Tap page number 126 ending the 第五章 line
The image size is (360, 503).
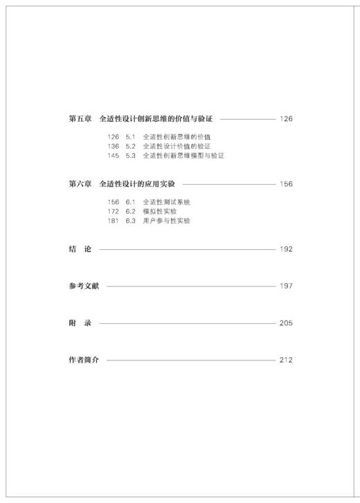coord(286,118)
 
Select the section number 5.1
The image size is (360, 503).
coord(131,137)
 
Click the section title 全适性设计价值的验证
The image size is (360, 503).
coord(177,146)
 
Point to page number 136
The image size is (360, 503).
coord(114,146)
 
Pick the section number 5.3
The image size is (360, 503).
coord(131,156)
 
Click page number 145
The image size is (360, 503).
coord(114,156)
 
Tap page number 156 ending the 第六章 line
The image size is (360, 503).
coord(286,183)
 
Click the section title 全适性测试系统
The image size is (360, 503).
coord(166,202)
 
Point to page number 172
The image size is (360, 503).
coord(114,211)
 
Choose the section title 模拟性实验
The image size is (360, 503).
coord(160,211)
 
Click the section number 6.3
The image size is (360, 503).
coord(131,221)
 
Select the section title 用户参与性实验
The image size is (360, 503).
coord(166,221)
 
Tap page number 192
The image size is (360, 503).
coord(286,249)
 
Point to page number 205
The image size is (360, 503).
coord(286,323)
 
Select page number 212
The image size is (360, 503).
coord(286,360)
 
